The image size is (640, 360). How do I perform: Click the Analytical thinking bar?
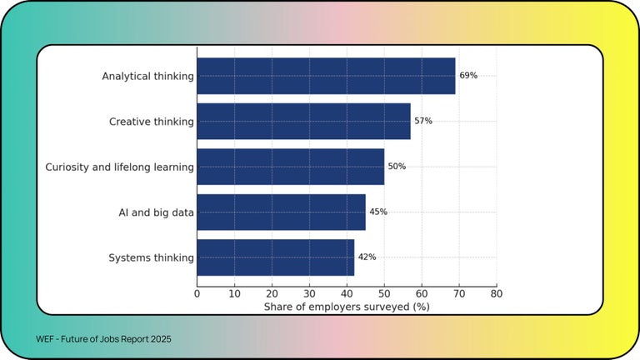click(x=326, y=76)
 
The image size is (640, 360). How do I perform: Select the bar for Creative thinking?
click(x=303, y=122)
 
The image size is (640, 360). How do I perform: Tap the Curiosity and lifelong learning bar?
click(x=290, y=167)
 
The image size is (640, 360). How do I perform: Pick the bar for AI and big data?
click(x=281, y=212)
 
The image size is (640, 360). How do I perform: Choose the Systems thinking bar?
click(x=275, y=257)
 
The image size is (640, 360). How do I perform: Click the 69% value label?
click(x=468, y=76)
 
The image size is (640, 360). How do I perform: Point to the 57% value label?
click(x=423, y=122)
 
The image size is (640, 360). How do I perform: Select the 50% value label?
click(x=397, y=167)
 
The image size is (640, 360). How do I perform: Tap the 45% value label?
click(x=378, y=212)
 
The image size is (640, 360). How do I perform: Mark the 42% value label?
click(x=367, y=257)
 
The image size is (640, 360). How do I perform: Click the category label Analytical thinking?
click(x=147, y=76)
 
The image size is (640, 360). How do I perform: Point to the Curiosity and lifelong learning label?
click(x=119, y=167)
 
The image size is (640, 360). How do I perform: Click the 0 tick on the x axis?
click(x=197, y=293)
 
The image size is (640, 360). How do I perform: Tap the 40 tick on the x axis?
click(x=347, y=293)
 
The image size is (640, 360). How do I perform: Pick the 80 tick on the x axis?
click(x=496, y=293)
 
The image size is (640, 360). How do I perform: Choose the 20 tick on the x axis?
click(x=272, y=293)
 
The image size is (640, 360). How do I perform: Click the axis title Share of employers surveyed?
click(x=347, y=307)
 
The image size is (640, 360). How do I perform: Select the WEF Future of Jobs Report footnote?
click(x=103, y=340)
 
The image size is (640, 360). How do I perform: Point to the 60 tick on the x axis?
click(x=422, y=293)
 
